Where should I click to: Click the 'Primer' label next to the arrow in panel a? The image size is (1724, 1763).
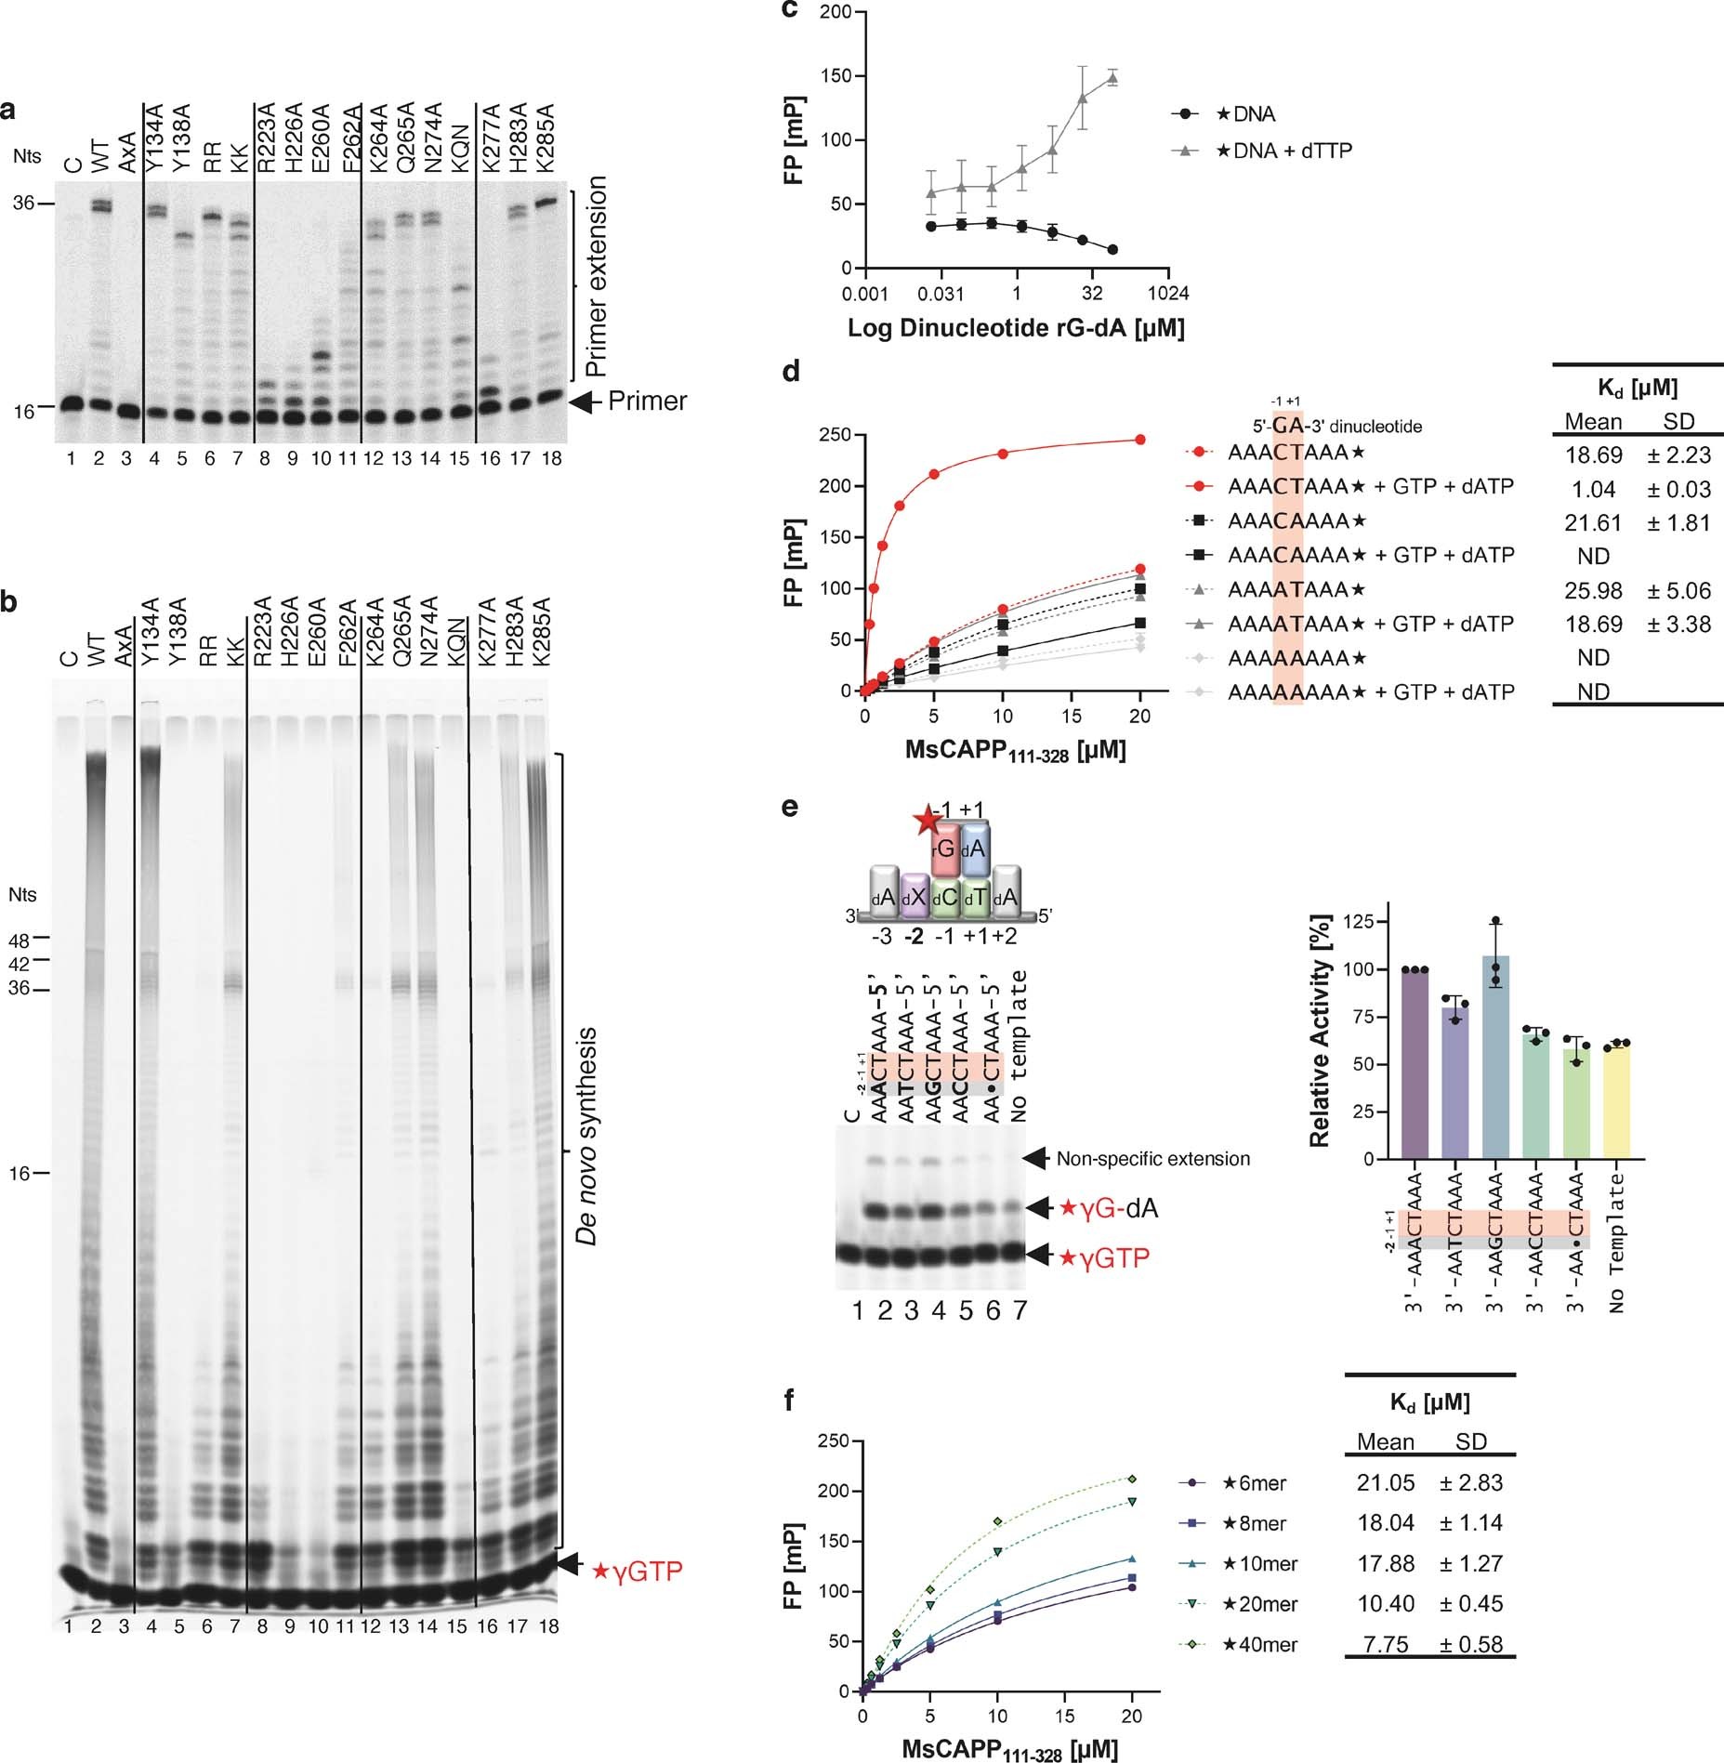click(647, 401)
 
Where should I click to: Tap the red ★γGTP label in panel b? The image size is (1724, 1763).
click(638, 1571)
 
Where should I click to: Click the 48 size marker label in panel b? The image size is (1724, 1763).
click(19, 941)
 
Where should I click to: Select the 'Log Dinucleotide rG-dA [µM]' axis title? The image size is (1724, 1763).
click(1016, 328)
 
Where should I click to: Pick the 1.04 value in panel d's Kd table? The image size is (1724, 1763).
click(1593, 489)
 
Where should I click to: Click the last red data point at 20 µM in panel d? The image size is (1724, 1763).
click(1140, 440)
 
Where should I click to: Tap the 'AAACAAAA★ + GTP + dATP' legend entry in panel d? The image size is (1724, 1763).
click(1370, 556)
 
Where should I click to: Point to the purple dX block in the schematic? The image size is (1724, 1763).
click(915, 898)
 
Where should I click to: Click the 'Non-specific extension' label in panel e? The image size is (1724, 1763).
click(1152, 1159)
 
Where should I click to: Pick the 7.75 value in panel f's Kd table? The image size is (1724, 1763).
click(1385, 1644)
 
